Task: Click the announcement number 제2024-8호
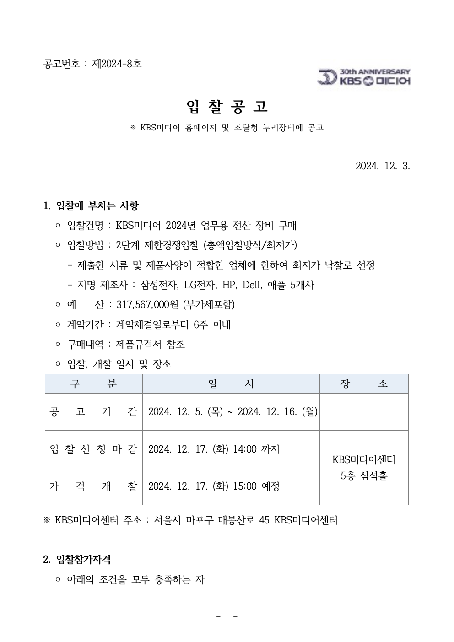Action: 117,64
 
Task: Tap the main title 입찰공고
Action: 227,107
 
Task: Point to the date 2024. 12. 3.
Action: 383,166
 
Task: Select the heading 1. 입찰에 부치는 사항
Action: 91,206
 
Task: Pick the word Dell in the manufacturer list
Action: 252,285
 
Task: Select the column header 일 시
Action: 231,384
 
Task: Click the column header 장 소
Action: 364,384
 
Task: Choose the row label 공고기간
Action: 93,412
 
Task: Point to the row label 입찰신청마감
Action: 93,449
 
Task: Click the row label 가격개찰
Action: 93,486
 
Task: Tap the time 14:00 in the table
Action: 245,449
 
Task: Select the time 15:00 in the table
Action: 245,486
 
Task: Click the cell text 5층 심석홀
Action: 364,476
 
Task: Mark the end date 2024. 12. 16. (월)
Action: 277,412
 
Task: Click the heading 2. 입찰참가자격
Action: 77,559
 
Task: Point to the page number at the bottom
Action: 227,617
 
